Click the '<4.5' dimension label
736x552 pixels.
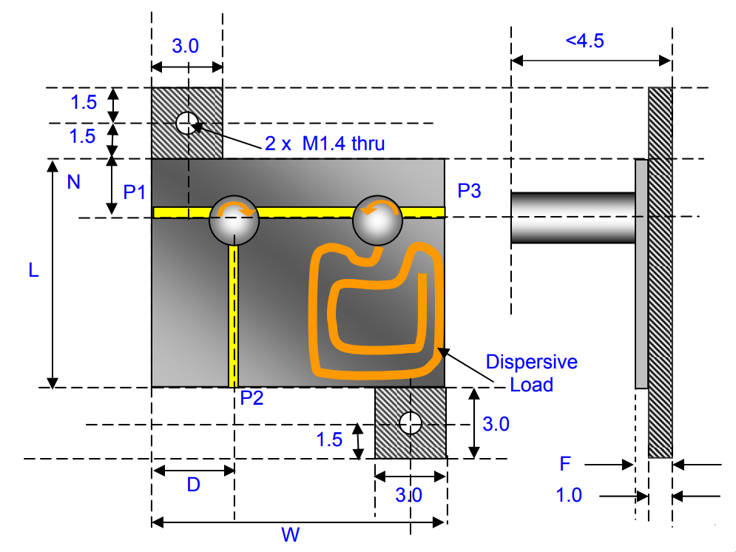pyautogui.click(x=585, y=41)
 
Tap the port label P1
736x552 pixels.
pyautogui.click(x=135, y=192)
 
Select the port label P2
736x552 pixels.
pyautogui.click(x=252, y=399)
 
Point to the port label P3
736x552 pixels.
pyautogui.click(x=469, y=191)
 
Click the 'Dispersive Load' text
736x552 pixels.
pyautogui.click(x=531, y=373)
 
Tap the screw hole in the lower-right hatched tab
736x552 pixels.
pyautogui.click(x=410, y=423)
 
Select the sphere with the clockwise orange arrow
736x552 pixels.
pyautogui.click(x=234, y=220)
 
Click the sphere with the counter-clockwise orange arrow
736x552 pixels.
pyautogui.click(x=377, y=220)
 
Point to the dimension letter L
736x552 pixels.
pyautogui.click(x=33, y=272)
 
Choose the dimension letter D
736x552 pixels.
pyautogui.click(x=193, y=485)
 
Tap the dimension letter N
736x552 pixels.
pyautogui.click(x=73, y=181)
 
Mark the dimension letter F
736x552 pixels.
pyautogui.click(x=566, y=465)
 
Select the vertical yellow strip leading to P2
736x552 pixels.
pyautogui.click(x=234, y=314)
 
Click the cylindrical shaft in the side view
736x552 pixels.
pyautogui.click(x=572, y=218)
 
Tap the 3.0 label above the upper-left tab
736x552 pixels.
pyautogui.click(x=185, y=46)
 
